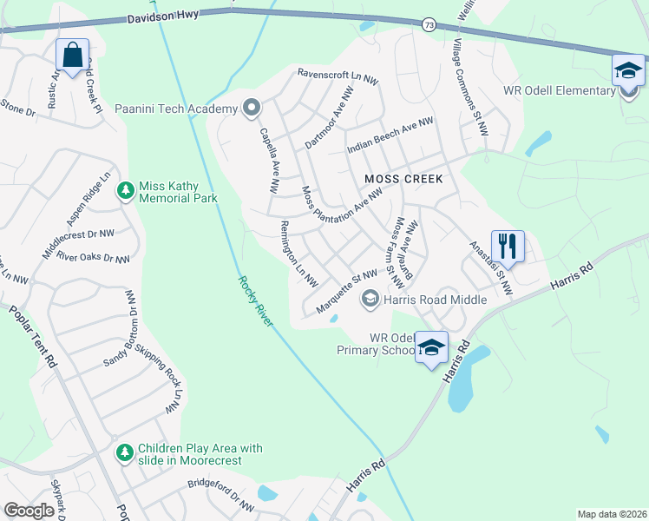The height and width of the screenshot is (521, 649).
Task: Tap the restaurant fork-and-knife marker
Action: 508,246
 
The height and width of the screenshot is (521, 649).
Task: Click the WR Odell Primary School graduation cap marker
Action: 431,347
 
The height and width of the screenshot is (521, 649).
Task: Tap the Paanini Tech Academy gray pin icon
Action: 252,109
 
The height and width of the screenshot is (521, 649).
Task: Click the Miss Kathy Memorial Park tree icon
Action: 126,189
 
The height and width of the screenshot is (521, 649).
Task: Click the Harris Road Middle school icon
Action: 370,300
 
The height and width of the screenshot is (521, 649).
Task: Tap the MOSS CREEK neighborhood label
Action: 403,179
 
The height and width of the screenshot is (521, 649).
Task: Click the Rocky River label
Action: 255,301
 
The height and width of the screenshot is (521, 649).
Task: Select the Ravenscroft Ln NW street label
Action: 338,76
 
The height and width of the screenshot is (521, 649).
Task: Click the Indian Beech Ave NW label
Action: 390,137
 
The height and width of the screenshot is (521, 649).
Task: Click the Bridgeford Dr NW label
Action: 222,495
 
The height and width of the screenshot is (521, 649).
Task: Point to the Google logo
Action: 29,511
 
